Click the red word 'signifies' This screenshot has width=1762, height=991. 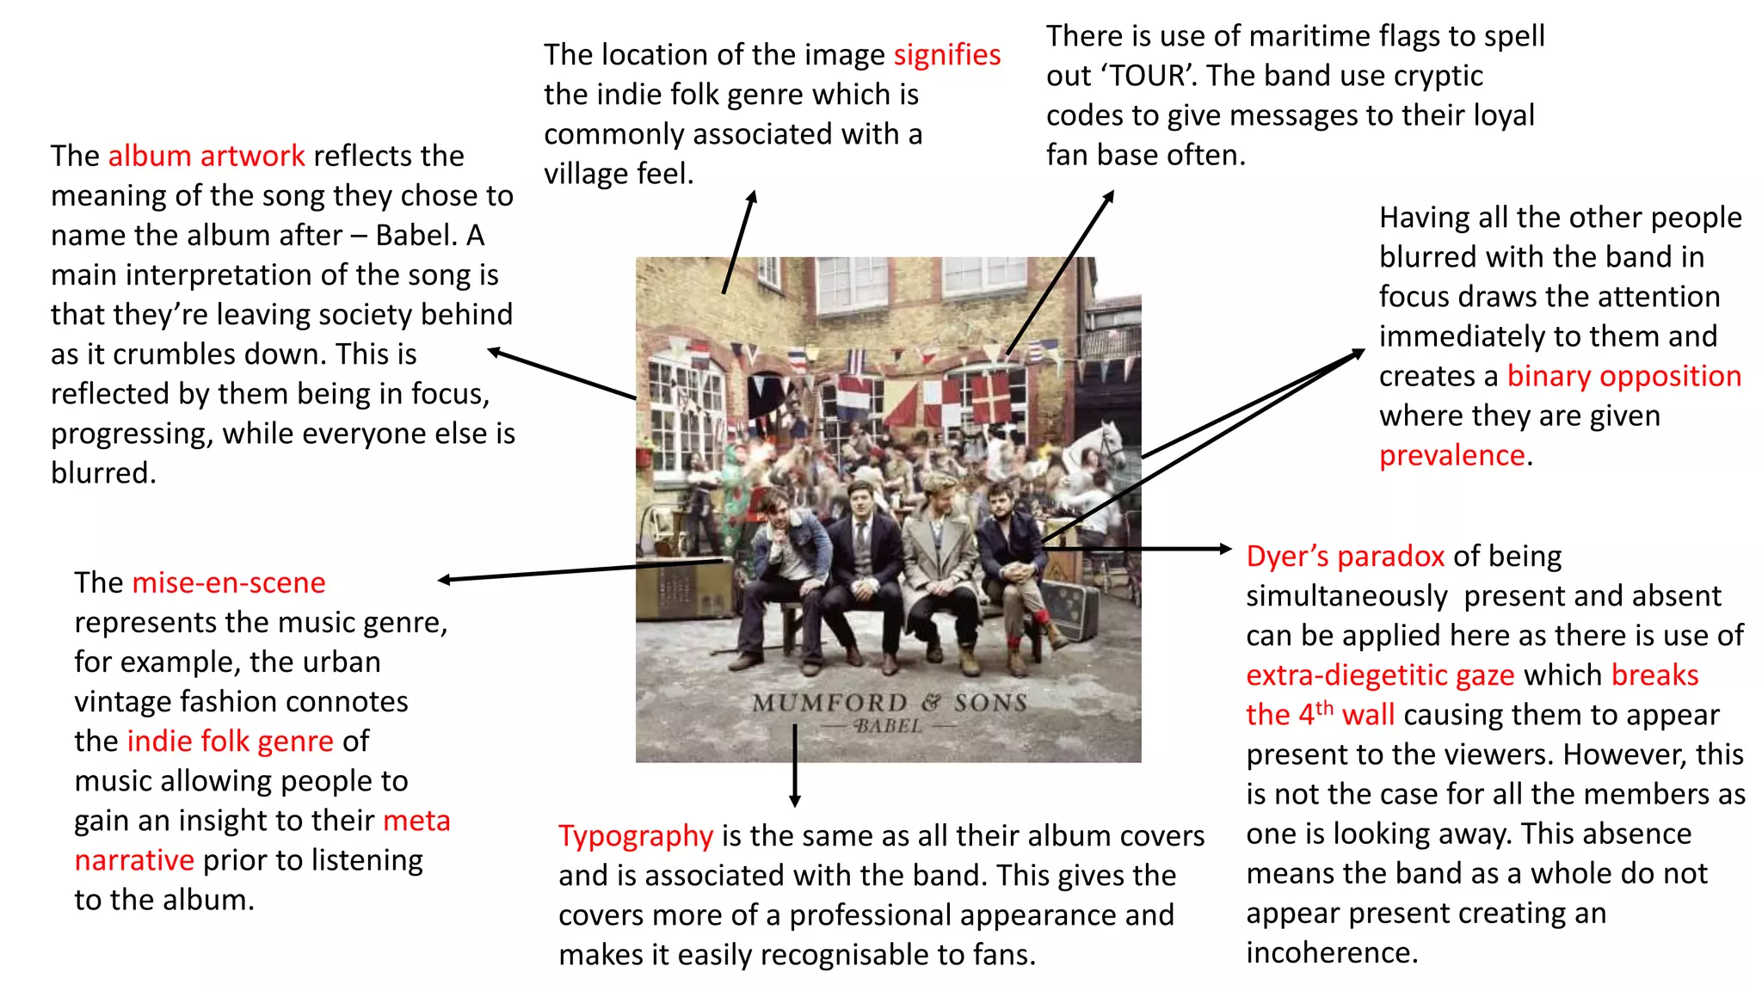point(947,55)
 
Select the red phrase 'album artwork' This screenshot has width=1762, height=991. point(206,156)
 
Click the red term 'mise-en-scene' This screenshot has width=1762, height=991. point(229,582)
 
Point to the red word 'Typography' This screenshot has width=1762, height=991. point(636,836)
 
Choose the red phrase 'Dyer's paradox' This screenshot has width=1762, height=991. point(1346,557)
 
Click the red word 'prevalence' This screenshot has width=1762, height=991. point(1452,455)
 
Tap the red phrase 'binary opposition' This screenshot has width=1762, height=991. point(1624,377)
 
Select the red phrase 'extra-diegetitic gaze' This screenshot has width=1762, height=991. point(1380,675)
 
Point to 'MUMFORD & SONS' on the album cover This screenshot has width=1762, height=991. point(890,703)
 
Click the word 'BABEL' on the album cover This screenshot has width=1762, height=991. point(889,726)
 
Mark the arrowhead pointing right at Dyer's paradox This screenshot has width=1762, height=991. point(1226,549)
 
